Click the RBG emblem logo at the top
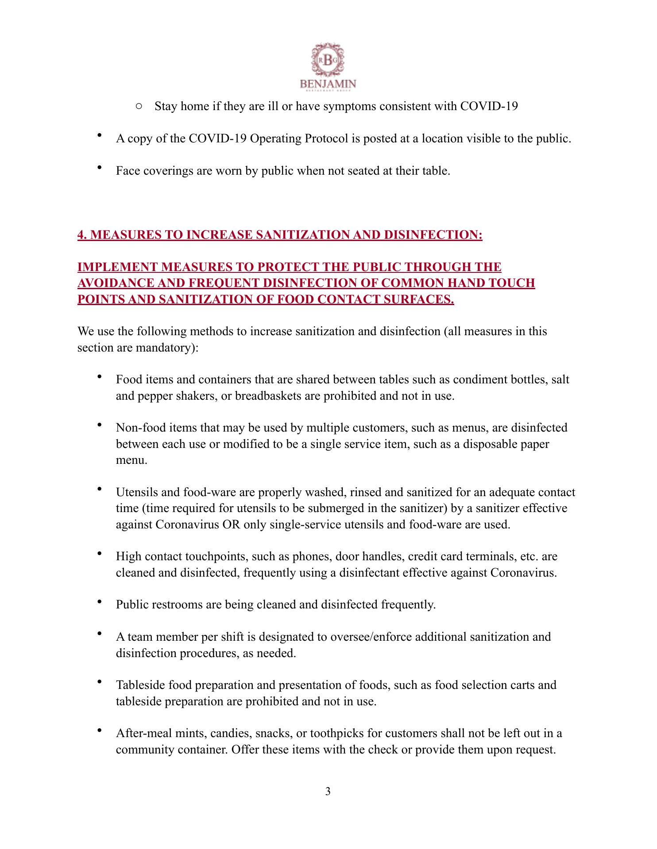328,61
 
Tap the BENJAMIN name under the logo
328,84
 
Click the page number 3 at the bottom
328,792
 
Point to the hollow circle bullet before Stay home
139,107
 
